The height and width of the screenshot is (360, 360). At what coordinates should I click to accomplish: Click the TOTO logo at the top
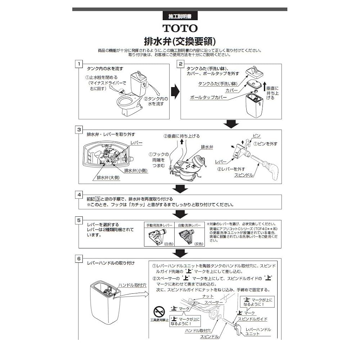point(180,28)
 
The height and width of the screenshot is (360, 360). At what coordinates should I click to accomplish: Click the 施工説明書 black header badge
point(179,16)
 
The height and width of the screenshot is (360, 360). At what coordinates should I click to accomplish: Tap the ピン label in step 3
point(256,136)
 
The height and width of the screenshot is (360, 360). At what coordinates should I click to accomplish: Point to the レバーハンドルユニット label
point(258,332)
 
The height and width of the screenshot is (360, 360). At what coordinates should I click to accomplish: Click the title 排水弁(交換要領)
point(180,40)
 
